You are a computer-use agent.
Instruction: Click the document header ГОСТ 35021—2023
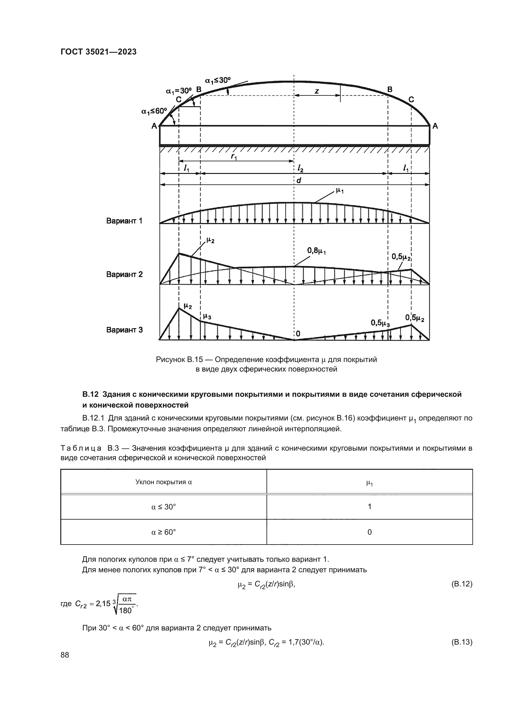[x=98, y=52]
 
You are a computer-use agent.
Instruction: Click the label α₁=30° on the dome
[x=178, y=91]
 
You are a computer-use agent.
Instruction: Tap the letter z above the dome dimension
[x=317, y=91]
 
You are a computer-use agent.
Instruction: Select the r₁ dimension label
[x=234, y=156]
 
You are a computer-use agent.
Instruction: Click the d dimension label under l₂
[x=299, y=181]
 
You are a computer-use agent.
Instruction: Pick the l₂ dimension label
[x=300, y=169]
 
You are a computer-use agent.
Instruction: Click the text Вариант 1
[x=124, y=221]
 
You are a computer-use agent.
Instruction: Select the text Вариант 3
[x=124, y=330]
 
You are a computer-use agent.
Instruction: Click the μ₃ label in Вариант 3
[x=207, y=316]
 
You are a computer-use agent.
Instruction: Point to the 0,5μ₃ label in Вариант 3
[x=380, y=323]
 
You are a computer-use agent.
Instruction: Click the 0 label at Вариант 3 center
[x=298, y=334]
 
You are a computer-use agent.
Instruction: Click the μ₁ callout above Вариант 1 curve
[x=339, y=190]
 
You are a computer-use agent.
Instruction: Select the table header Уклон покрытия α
[x=163, y=482]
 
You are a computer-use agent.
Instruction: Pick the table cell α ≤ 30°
[x=163, y=507]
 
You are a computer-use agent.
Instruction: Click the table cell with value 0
[x=369, y=532]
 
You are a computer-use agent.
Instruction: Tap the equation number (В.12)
[x=461, y=584]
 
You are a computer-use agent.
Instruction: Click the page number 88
[x=65, y=655]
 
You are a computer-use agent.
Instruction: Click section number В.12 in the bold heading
[x=90, y=394]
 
